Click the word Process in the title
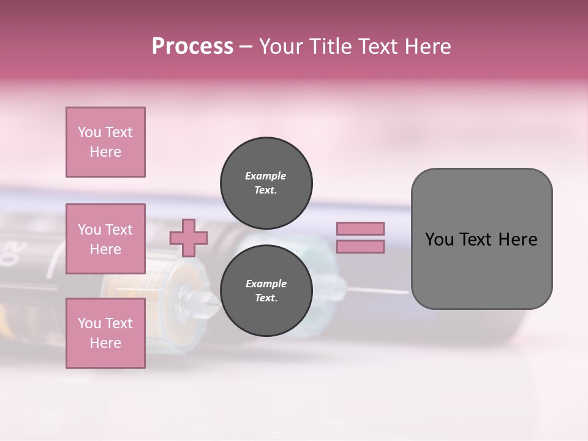(192, 47)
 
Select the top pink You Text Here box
(105, 142)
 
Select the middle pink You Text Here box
(105, 239)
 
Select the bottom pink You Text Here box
(105, 333)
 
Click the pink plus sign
(189, 238)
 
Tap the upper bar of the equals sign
(360, 229)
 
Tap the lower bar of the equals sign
(360, 247)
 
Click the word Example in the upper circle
(266, 176)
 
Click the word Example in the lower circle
(266, 284)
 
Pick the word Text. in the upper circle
(266, 190)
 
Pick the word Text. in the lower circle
(266, 298)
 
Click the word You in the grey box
(439, 239)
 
